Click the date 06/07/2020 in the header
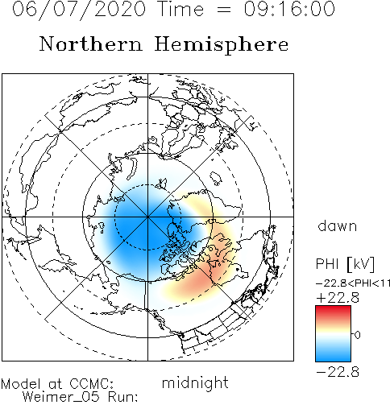79,10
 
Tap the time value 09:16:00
289,9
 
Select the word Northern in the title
91,44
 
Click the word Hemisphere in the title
222,45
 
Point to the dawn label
338,226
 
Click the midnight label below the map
195,382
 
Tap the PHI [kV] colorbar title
345,264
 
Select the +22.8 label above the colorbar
338,298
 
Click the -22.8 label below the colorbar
338,372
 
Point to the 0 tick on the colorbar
357,335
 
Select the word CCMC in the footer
91,384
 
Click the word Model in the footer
21,384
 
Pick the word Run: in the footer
123,397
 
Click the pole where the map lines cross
147,217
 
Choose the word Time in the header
180,9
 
